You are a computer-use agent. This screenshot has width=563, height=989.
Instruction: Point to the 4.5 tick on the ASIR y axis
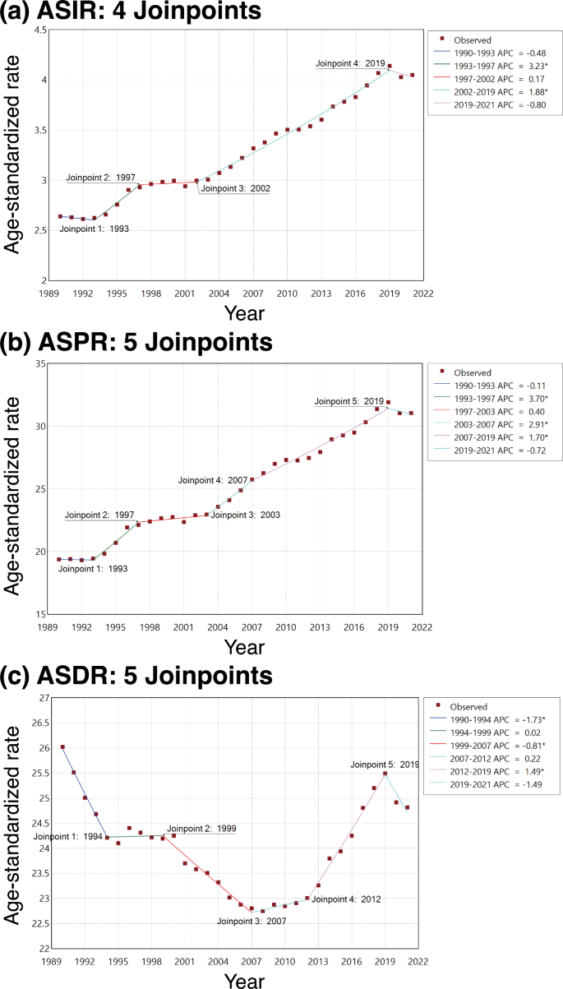point(38,30)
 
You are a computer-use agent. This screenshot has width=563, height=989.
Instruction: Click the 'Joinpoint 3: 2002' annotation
point(235,188)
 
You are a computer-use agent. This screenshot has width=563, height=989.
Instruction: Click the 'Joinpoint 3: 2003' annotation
point(245,515)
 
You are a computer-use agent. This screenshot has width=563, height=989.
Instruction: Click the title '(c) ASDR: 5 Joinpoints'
point(136,676)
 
